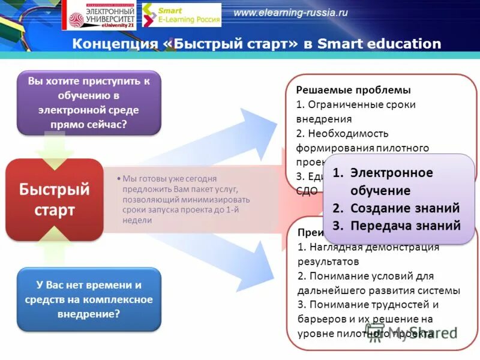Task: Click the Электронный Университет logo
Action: (x=101, y=15)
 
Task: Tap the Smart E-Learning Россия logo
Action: (x=181, y=15)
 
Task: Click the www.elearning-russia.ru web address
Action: (x=290, y=13)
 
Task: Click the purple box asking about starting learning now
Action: (x=89, y=103)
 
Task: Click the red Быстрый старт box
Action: (x=55, y=200)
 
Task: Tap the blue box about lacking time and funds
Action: (x=89, y=299)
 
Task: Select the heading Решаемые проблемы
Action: (x=353, y=90)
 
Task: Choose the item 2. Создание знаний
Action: (x=396, y=208)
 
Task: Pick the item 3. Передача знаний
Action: (x=397, y=226)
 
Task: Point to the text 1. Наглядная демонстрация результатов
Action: (x=368, y=254)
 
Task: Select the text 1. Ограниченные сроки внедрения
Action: (x=355, y=111)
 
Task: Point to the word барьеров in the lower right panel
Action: (x=318, y=319)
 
